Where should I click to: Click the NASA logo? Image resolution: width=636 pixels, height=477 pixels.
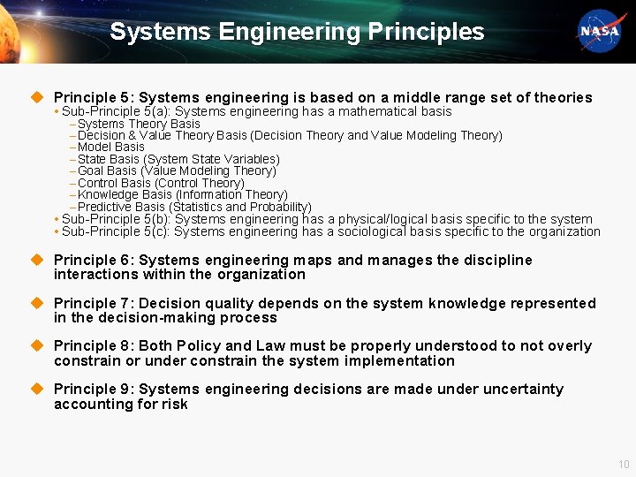601,31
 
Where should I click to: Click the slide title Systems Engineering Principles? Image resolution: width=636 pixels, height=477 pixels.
297,32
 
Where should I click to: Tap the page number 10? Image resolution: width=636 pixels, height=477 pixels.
624,465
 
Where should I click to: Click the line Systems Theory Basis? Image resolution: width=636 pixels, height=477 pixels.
139,124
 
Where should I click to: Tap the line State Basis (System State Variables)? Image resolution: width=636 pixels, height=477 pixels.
178,159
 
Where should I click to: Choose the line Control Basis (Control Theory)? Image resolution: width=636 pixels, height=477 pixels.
161,183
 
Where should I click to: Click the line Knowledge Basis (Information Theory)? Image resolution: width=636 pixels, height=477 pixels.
182,194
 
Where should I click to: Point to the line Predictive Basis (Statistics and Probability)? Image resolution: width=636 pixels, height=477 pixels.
194,207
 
